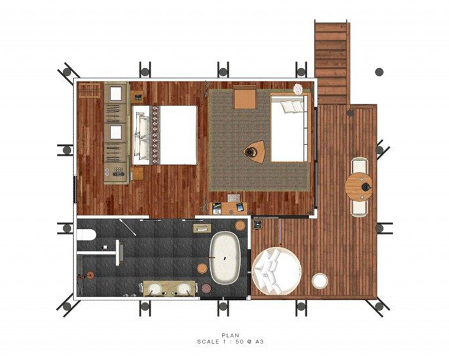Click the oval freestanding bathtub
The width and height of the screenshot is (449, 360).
tap(226, 258)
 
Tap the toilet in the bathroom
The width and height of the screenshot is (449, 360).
tap(86, 234)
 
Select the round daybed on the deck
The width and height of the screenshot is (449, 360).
tap(277, 271)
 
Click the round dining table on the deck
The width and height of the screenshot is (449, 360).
tap(359, 186)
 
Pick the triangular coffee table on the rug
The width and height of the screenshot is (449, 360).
tap(255, 151)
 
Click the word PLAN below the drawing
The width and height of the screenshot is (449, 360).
tap(230, 335)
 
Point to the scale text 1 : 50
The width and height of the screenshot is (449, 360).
tap(234, 341)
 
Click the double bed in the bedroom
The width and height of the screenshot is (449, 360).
tap(164, 135)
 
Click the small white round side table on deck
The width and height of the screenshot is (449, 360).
tap(319, 281)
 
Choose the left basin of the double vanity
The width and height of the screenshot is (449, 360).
tap(155, 289)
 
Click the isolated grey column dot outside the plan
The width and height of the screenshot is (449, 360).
tap(380, 71)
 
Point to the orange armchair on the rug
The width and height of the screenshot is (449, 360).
tap(245, 97)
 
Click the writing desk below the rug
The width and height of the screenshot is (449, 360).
tap(229, 208)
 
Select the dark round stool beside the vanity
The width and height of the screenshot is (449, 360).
tap(206, 288)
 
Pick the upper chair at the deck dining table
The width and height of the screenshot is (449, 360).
tap(359, 165)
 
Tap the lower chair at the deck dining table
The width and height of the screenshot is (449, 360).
tap(359, 207)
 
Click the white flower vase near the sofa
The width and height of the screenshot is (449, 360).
tap(298, 88)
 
